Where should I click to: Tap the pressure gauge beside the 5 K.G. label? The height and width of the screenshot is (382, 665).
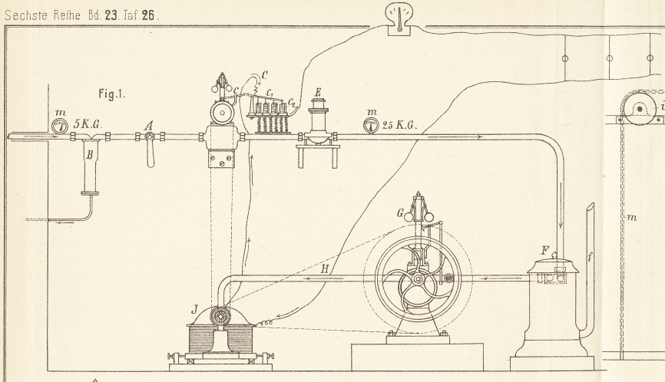click(60, 125)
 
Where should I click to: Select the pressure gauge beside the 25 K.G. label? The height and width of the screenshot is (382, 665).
click(371, 123)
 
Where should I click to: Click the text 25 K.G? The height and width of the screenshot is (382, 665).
click(399, 124)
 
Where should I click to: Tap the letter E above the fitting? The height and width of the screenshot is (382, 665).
click(317, 94)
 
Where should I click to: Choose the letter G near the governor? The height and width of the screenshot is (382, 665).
click(399, 209)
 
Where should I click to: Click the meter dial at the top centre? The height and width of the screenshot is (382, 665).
click(398, 15)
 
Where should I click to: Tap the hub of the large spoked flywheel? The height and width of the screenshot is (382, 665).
click(417, 280)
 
